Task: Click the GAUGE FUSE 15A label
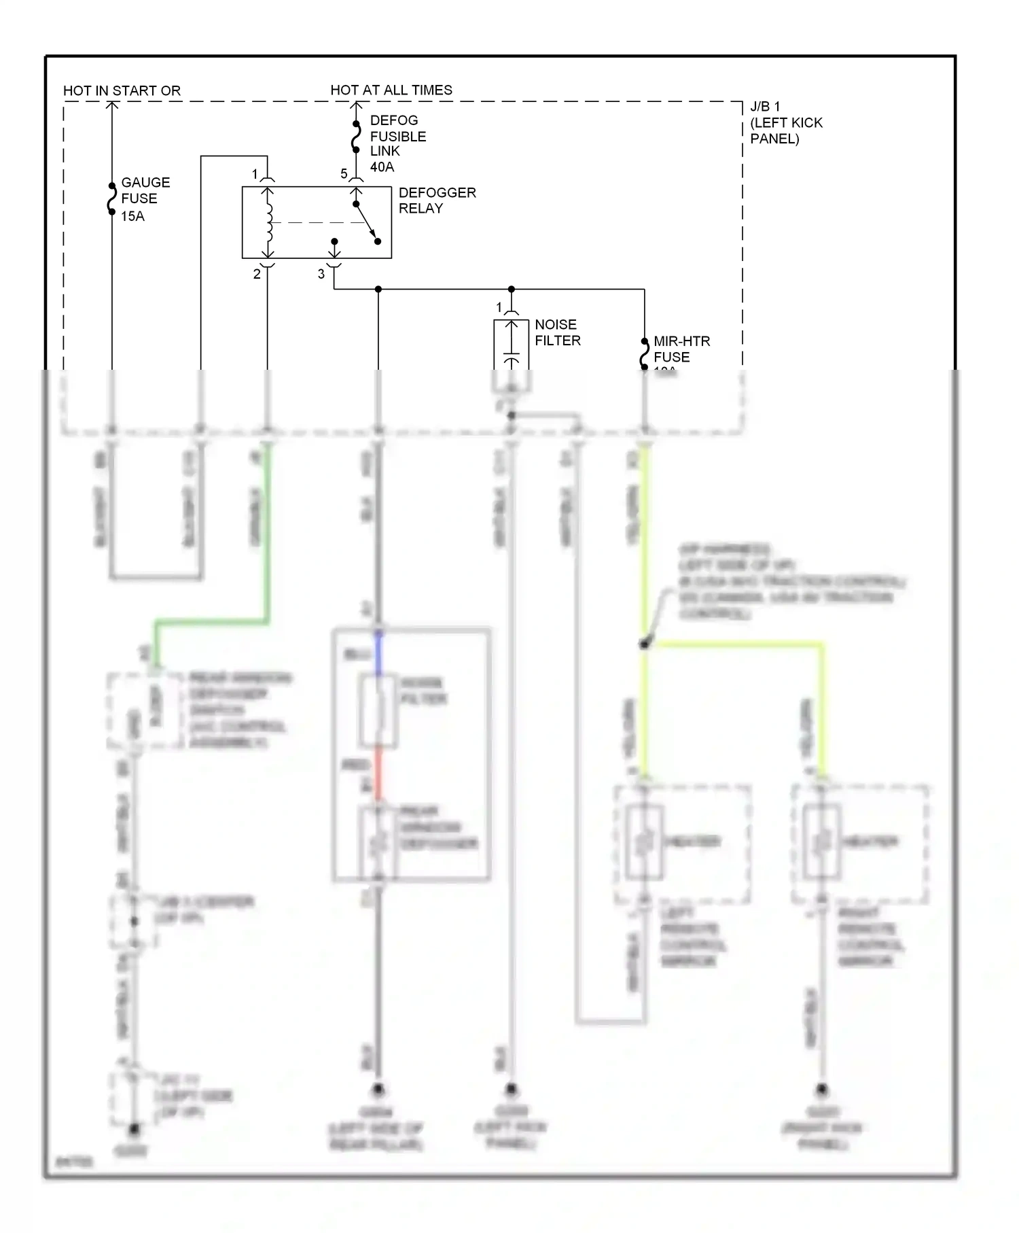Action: click(145, 199)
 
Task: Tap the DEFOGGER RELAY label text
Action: click(436, 201)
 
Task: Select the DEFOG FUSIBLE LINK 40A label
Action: click(397, 143)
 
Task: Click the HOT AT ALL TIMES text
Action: click(391, 90)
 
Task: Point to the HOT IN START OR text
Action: click(122, 91)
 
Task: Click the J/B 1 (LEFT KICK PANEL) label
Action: click(785, 123)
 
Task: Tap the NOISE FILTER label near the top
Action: click(557, 332)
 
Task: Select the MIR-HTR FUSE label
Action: click(681, 349)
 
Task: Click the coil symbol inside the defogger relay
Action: click(269, 222)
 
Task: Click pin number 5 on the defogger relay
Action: click(344, 175)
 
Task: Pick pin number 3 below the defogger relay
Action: click(321, 274)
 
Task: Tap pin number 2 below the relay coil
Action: click(257, 275)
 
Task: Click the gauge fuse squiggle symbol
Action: click(112, 199)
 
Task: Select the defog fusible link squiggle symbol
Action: click(355, 137)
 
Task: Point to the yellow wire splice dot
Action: click(644, 644)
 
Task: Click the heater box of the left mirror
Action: click(643, 843)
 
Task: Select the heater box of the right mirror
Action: click(821, 843)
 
